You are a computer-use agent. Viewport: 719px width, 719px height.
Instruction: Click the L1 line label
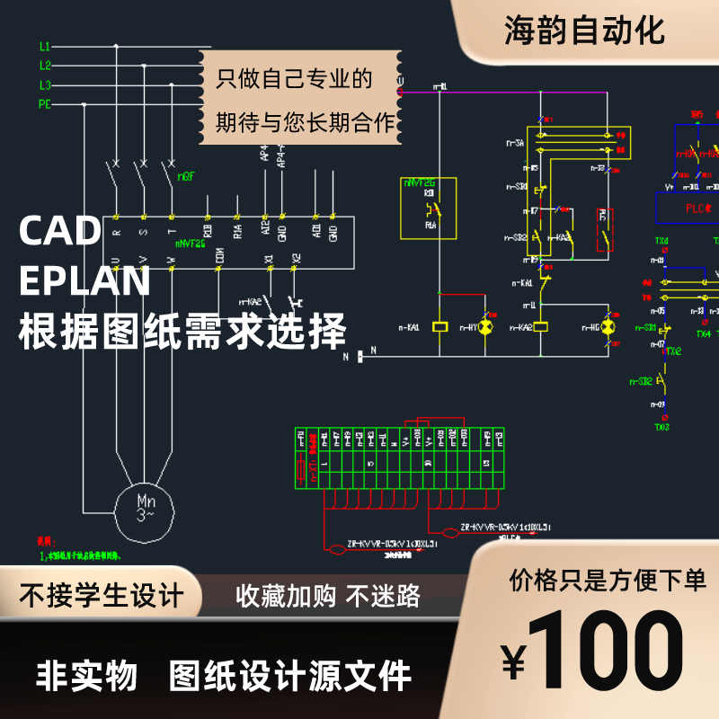click(45, 45)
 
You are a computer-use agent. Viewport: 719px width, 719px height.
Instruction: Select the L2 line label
click(45, 65)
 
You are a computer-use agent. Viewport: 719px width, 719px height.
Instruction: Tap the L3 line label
click(45, 84)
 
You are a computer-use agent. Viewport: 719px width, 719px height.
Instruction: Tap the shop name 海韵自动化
click(584, 31)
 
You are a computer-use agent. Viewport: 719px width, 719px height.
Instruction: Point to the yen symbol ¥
click(513, 662)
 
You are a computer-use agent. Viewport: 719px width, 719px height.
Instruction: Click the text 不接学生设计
click(102, 595)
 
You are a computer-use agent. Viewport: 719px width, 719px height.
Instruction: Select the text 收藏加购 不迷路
click(327, 595)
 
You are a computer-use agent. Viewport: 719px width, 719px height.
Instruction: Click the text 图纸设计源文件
click(290, 675)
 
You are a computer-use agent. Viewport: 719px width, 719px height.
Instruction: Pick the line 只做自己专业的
click(294, 79)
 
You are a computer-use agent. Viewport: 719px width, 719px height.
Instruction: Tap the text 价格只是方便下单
click(608, 581)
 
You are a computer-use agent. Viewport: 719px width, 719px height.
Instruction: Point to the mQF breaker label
click(185, 176)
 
